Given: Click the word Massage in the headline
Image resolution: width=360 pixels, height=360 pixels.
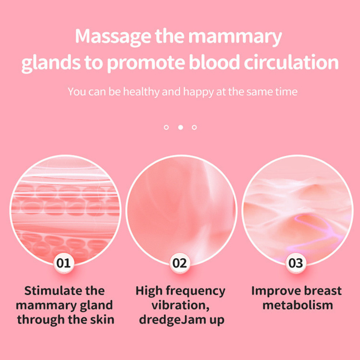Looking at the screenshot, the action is tap(113, 37).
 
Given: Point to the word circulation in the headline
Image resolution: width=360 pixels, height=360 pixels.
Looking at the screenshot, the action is tap(291, 62).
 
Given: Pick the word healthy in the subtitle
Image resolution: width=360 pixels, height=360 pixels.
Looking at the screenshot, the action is tap(141, 92).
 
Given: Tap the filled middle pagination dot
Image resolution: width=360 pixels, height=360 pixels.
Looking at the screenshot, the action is tap(181, 127).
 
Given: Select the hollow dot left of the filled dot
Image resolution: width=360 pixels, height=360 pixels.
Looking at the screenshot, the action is tap(166, 127).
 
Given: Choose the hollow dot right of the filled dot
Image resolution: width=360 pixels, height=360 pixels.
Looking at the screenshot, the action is tap(194, 127).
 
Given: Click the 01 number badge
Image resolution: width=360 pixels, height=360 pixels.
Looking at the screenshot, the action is tap(64, 263).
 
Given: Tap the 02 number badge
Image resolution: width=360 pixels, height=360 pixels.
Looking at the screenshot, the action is tap(180, 263).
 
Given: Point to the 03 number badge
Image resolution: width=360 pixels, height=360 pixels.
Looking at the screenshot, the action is tap(296, 263).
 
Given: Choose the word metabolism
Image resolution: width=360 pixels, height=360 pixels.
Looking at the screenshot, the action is tap(298, 305).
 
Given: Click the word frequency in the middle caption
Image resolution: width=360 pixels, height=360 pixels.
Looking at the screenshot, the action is tap(195, 292).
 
